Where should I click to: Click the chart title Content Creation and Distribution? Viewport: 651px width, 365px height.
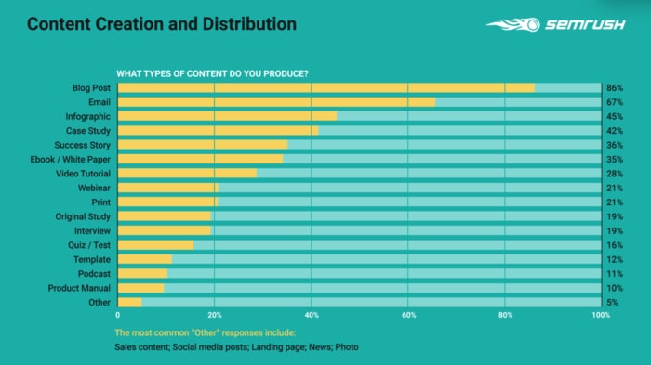point(162,23)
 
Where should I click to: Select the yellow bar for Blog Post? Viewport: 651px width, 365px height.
point(325,87)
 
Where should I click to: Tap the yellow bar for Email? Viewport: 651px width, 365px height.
point(276,102)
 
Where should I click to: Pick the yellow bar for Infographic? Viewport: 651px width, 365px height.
point(227,116)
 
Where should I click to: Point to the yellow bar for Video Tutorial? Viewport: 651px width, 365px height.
point(187,174)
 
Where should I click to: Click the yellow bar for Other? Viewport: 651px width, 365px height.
point(129,302)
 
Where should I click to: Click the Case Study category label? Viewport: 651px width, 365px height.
point(87,131)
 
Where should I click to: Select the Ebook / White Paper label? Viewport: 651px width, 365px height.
point(71,160)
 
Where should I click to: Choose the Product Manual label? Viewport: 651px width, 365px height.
point(80,288)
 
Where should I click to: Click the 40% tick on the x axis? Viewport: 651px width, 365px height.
point(312,316)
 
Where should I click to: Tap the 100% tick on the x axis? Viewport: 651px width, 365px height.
point(600,316)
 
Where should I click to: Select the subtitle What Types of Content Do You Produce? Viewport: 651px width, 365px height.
point(212,73)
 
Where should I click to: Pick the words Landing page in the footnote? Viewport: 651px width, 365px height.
point(270,346)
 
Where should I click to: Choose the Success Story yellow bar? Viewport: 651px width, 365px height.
point(203,145)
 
